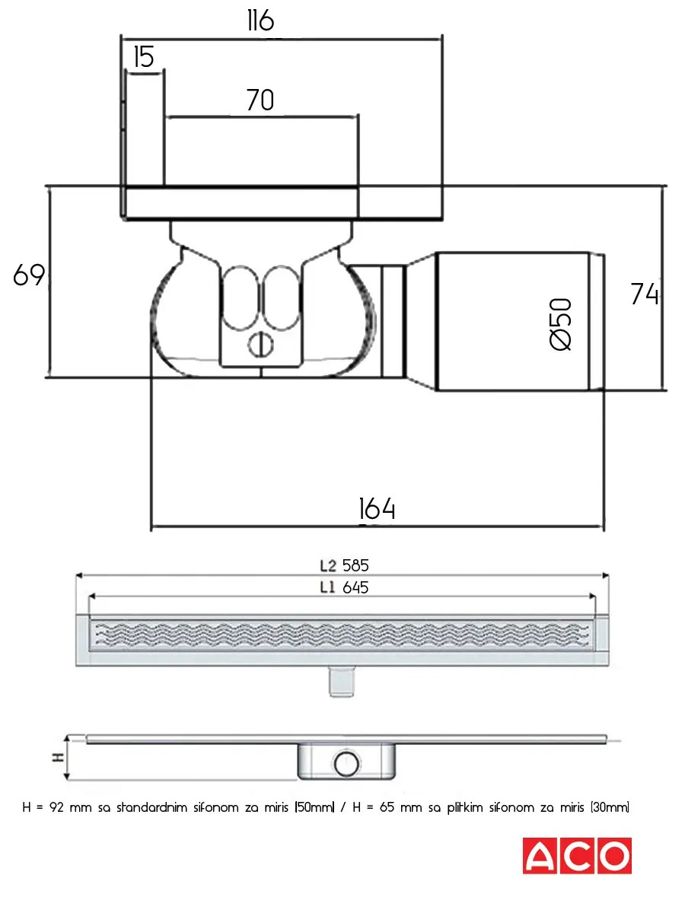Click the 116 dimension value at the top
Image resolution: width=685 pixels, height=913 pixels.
(x=260, y=21)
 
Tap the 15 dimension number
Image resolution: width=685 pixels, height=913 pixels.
(x=143, y=57)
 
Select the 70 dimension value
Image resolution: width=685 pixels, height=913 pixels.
(x=260, y=100)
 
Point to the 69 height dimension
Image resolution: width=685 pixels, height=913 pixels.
(x=29, y=275)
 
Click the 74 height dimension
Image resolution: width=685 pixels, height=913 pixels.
(x=644, y=294)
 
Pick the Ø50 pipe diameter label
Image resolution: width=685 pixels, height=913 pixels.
(x=560, y=324)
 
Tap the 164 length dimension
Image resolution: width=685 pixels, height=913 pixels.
(x=377, y=509)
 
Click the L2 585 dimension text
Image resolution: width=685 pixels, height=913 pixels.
(x=344, y=565)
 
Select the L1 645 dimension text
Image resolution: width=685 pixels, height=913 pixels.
(x=344, y=587)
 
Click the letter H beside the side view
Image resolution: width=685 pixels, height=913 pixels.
(x=54, y=758)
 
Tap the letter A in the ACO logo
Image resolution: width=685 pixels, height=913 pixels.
(x=541, y=856)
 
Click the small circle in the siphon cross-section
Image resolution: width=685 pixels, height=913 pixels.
(x=263, y=345)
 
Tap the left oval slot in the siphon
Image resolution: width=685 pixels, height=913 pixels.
(x=236, y=299)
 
